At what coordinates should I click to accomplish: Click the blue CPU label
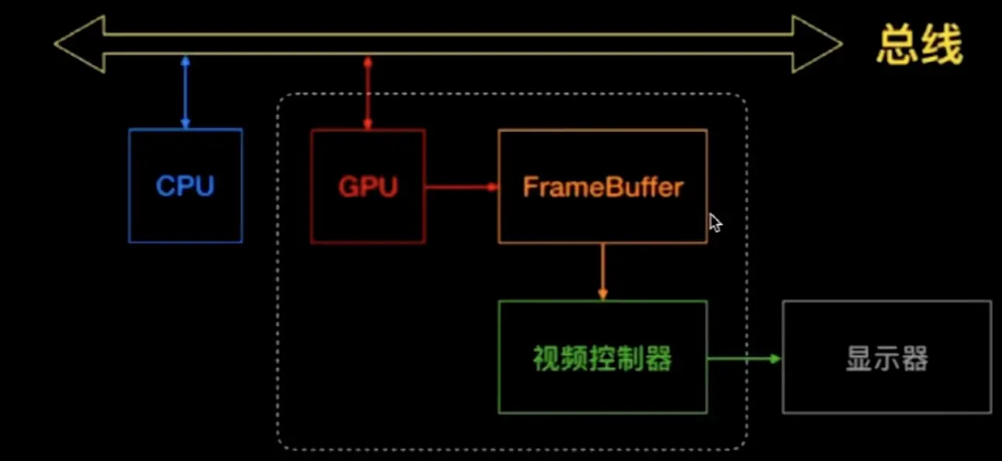(x=185, y=186)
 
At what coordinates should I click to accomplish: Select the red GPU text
(x=368, y=187)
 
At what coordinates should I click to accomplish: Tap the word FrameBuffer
(x=603, y=187)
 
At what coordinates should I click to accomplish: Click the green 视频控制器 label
(x=603, y=358)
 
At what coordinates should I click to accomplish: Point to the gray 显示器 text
(x=886, y=359)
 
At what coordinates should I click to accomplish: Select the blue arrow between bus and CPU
(x=185, y=92)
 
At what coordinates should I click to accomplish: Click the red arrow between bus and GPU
(x=368, y=92)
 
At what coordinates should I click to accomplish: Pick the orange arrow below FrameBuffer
(x=603, y=272)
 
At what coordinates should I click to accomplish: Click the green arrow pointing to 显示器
(x=744, y=359)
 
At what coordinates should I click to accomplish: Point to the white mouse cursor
(x=715, y=224)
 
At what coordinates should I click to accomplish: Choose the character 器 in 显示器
(x=915, y=359)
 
